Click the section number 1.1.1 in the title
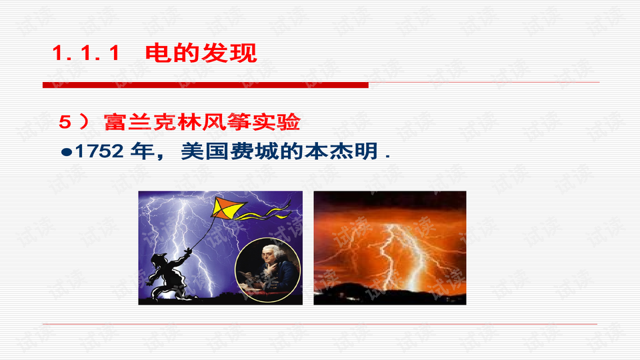[86, 53]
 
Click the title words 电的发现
[201, 53]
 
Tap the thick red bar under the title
[205, 85]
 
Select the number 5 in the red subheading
[65, 122]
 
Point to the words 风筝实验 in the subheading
[251, 122]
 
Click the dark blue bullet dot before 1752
[66, 152]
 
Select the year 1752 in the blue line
[99, 151]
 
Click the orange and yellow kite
[228, 207]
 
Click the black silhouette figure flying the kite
[167, 275]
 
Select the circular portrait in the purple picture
[268, 270]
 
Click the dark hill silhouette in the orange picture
[390, 294]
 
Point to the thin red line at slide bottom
[320, 324]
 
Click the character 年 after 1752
[143, 151]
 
